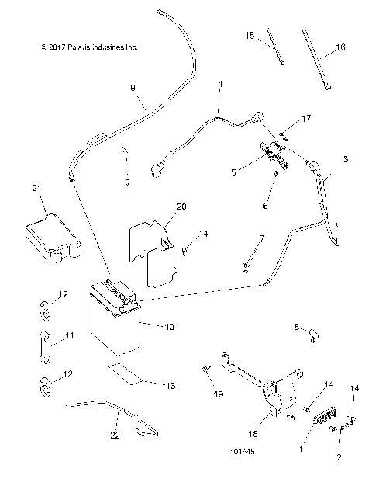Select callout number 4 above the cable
(220, 83)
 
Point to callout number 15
(250, 36)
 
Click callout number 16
(340, 47)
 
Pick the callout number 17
(306, 119)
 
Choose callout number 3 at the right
(346, 158)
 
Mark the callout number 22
(115, 436)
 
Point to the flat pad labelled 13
(126, 373)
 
